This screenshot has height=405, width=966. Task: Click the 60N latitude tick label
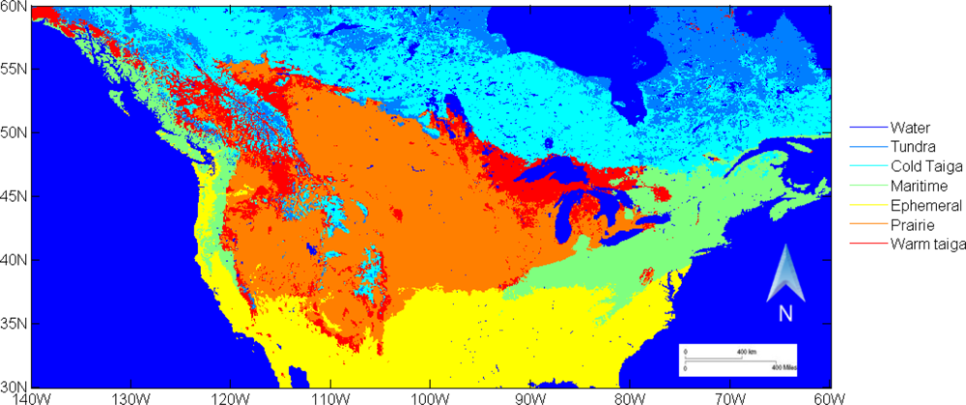[14, 7]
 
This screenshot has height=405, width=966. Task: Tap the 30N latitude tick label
[14, 386]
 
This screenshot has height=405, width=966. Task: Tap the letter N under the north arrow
[785, 312]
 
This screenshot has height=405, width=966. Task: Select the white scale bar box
[737, 359]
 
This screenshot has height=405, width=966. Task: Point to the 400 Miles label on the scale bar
[783, 368]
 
